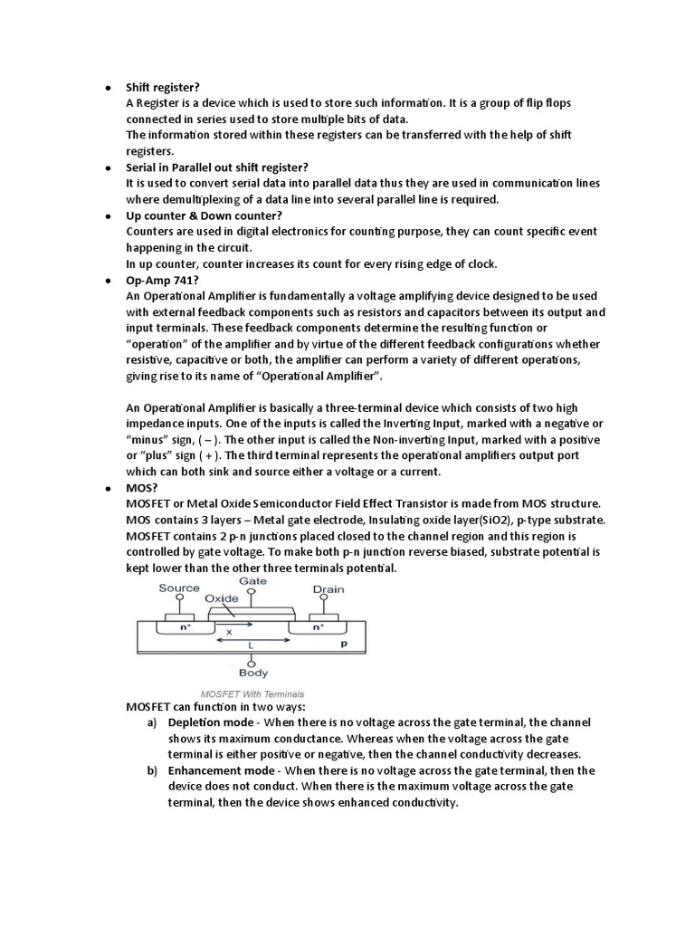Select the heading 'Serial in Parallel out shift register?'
[217, 167]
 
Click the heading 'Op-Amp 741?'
[157, 281]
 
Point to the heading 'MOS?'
[142, 487]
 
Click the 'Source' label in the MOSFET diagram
[179, 588]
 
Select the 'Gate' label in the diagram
[252, 580]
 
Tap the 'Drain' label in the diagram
[328, 589]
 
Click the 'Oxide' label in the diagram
[222, 598]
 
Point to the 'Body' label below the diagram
[252, 673]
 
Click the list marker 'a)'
[152, 722]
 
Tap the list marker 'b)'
[152, 770]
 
